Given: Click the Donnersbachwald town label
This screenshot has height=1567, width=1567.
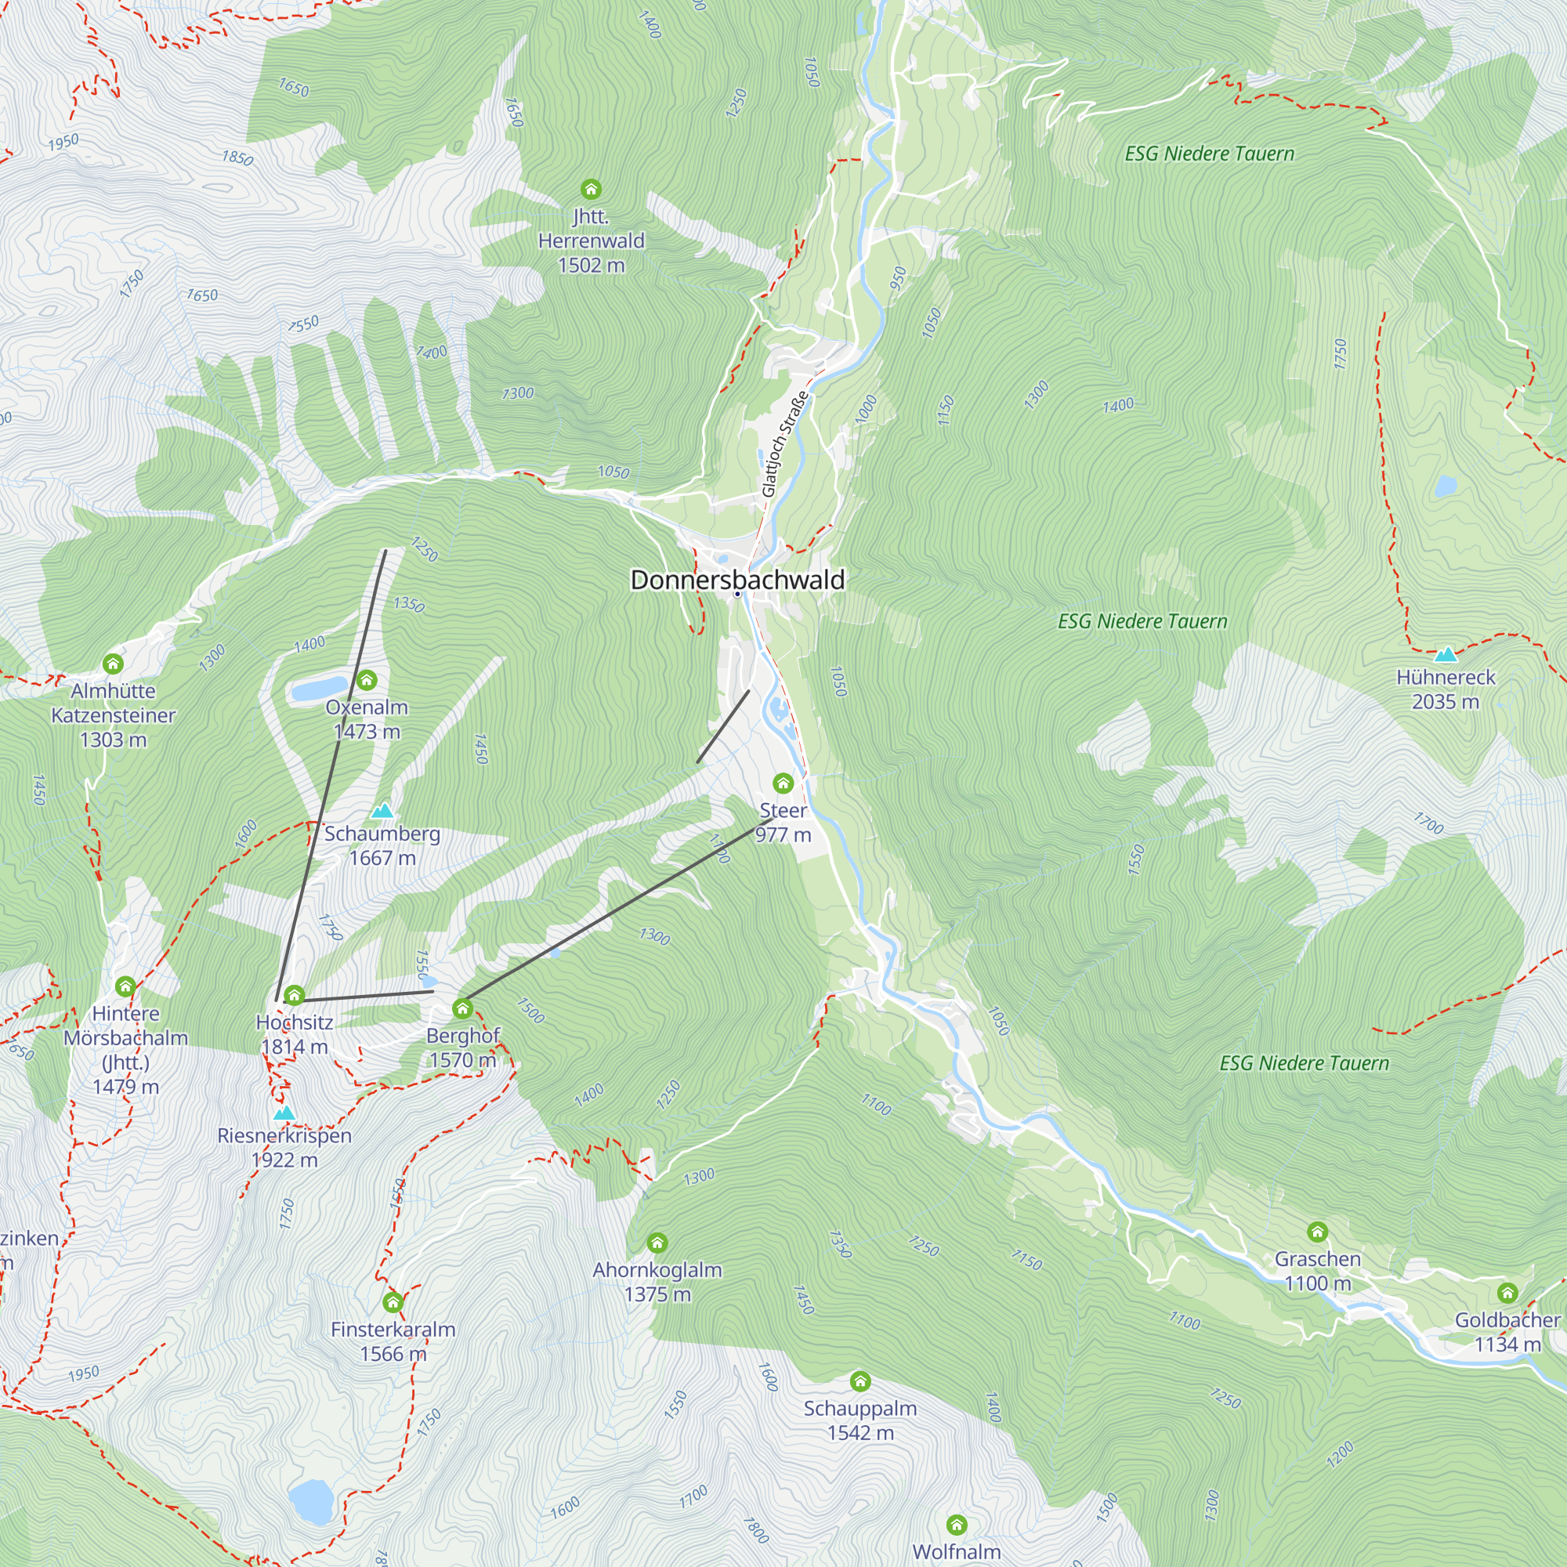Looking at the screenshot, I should tap(737, 580).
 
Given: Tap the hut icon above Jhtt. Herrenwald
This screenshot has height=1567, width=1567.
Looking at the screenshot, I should tap(591, 190).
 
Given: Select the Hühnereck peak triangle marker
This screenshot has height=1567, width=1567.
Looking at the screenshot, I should tap(1446, 654).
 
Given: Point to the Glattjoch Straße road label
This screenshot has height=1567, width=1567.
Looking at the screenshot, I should tap(784, 443).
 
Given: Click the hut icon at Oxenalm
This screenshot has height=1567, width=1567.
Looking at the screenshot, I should tap(367, 679).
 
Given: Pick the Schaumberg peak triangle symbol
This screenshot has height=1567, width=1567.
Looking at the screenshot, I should tap(382, 810).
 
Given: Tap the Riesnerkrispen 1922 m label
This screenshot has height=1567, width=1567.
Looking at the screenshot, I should tap(284, 1147).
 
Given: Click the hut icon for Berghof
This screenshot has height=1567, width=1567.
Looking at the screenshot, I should tap(462, 1008).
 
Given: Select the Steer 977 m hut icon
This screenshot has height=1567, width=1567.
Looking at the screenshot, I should tap(783, 783).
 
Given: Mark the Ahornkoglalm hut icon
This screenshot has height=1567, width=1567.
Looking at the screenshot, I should tap(657, 1243).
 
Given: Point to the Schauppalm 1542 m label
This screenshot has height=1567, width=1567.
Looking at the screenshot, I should tap(859, 1420).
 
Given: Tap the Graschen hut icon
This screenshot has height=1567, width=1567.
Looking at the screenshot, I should tap(1317, 1232).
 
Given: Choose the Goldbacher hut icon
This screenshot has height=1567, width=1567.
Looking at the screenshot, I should tap(1507, 1293).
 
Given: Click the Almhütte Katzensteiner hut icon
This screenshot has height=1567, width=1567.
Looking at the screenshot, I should tap(113, 664).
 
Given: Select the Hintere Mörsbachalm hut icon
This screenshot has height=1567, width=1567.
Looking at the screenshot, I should tap(125, 986).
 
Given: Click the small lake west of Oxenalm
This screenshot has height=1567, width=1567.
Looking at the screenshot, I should tap(318, 689).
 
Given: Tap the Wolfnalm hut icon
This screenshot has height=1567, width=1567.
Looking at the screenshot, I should tap(956, 1525).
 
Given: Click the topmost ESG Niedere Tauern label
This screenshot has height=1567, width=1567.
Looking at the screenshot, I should tap(1209, 154).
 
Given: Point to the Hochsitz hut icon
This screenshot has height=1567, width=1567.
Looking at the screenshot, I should tap(295, 994).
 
